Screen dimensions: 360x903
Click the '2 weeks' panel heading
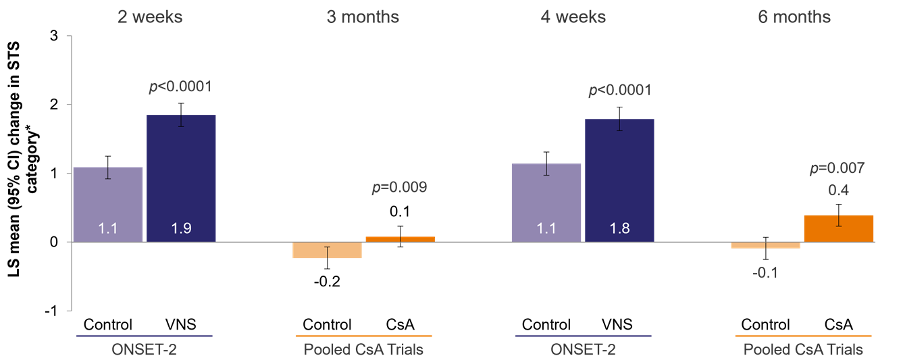(150, 17)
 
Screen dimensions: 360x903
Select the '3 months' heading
(363, 17)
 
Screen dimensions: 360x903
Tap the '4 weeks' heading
(573, 17)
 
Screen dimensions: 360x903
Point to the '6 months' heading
(794, 17)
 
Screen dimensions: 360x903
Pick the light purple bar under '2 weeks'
(108, 203)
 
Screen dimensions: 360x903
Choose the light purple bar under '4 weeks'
(546, 202)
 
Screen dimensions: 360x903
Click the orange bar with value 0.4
(838, 228)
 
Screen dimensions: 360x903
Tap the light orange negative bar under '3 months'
(328, 250)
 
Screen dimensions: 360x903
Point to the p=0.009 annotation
(399, 188)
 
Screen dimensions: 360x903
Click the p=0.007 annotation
(837, 169)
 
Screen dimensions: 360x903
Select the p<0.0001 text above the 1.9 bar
(180, 86)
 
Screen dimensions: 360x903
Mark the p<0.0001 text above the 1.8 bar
(620, 90)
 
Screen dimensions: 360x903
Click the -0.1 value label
(766, 274)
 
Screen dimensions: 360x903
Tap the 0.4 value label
(838, 191)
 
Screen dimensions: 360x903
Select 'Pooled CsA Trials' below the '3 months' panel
(363, 349)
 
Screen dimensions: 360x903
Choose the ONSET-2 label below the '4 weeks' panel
(582, 349)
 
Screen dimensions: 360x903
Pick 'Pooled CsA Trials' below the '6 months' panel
(803, 349)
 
